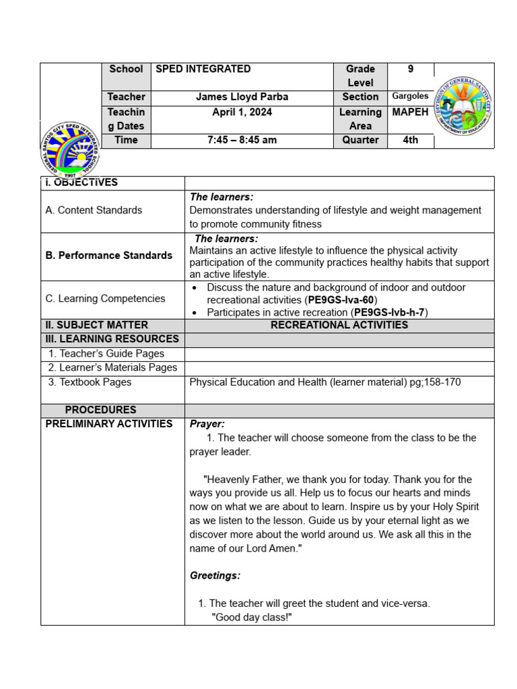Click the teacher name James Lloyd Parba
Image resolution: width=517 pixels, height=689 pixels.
[x=242, y=97]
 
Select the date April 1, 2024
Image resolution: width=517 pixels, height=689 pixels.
[x=242, y=112]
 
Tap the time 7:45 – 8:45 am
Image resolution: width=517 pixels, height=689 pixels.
[x=242, y=141]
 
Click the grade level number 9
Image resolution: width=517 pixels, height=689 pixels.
[x=411, y=69]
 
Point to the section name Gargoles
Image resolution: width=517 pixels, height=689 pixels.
[x=410, y=96]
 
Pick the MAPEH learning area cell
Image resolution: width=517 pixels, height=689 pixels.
[x=410, y=112]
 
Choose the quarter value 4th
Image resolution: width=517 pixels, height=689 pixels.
[x=410, y=141]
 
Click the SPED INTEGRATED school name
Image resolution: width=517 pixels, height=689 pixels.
[x=203, y=69]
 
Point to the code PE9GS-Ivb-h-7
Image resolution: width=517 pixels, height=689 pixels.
[x=390, y=312]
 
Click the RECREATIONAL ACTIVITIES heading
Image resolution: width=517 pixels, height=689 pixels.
[x=339, y=325]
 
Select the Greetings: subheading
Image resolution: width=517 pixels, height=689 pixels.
[x=215, y=576]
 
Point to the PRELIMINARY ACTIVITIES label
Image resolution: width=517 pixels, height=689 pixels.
[x=109, y=424]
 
